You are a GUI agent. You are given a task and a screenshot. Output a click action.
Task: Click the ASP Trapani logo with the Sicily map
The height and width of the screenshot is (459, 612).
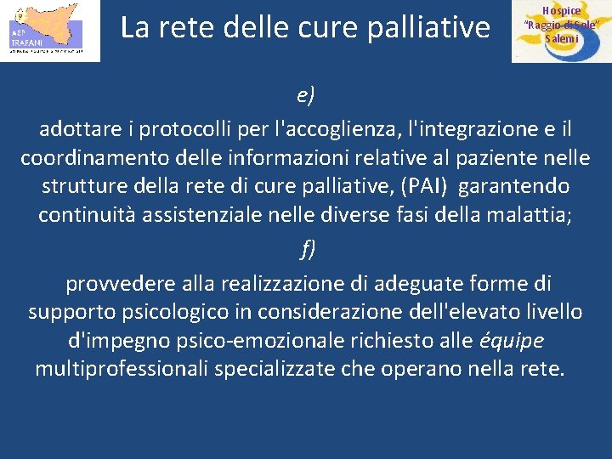[49, 31]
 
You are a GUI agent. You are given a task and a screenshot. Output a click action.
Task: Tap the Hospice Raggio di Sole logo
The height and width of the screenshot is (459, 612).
[560, 31]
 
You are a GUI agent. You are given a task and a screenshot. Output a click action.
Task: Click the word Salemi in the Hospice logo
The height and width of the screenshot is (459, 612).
[562, 39]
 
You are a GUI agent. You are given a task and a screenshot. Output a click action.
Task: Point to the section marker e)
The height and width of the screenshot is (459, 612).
[306, 94]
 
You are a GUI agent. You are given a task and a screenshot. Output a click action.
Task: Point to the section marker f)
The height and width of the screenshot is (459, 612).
[306, 249]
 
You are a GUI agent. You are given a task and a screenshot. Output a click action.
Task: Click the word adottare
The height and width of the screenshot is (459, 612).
[76, 130]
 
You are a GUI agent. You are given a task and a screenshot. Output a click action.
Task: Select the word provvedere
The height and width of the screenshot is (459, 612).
[123, 283]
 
